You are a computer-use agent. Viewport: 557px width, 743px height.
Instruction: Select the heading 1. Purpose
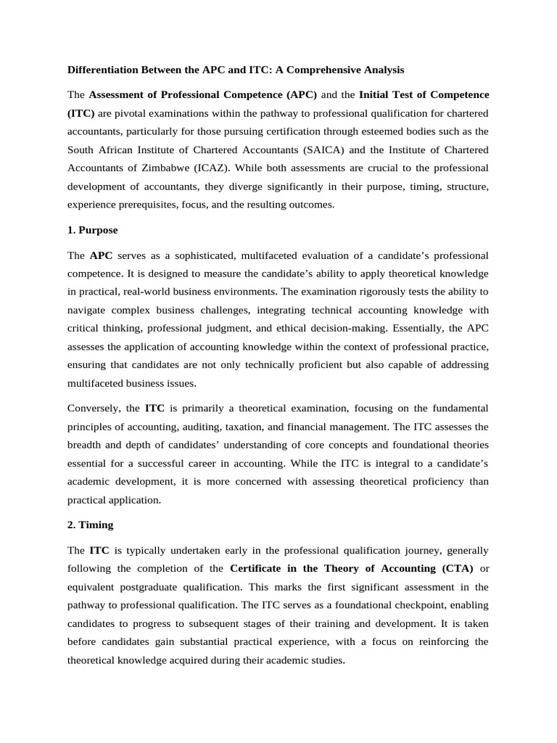coord(92,230)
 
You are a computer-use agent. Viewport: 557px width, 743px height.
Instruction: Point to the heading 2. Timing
coord(91,523)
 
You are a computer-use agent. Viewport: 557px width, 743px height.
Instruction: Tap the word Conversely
coord(96,408)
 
